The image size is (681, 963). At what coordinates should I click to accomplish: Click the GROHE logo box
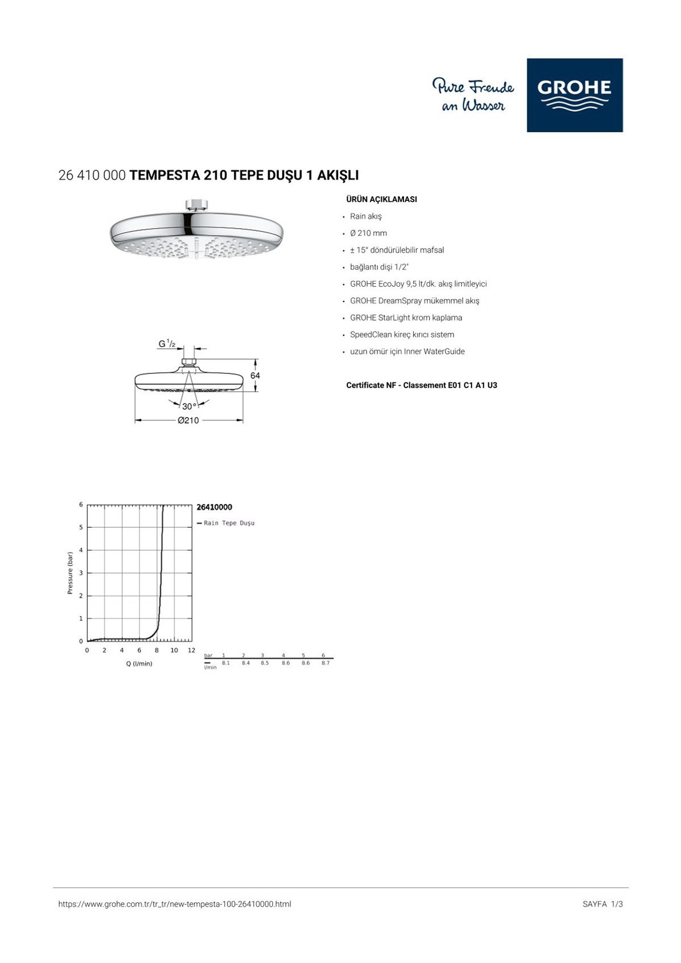574,95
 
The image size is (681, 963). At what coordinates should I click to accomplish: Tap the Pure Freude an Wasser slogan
473,95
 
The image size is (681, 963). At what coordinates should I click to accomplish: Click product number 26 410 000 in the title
92,175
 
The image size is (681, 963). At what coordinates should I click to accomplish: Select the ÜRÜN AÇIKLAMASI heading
381,199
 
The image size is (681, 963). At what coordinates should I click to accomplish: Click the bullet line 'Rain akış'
365,216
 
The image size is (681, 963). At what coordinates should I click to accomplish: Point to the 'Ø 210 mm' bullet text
368,233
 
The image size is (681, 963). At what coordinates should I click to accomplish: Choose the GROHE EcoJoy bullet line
418,284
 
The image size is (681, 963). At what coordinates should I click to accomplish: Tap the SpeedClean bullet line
402,335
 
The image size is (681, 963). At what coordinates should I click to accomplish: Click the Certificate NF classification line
422,385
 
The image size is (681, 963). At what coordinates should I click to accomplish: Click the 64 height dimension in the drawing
255,376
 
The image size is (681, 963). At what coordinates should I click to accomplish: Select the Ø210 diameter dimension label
188,420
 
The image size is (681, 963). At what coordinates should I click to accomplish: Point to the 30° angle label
189,406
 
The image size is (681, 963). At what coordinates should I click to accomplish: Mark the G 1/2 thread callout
167,343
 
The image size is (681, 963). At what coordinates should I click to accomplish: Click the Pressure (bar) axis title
70,573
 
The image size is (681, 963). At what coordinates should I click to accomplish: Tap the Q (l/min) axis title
139,663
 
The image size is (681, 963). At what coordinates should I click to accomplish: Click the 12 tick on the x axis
191,650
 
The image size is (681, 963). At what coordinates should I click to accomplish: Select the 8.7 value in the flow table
325,663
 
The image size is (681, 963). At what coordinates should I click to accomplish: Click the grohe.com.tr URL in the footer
175,904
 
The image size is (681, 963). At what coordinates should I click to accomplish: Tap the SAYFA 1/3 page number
603,904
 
